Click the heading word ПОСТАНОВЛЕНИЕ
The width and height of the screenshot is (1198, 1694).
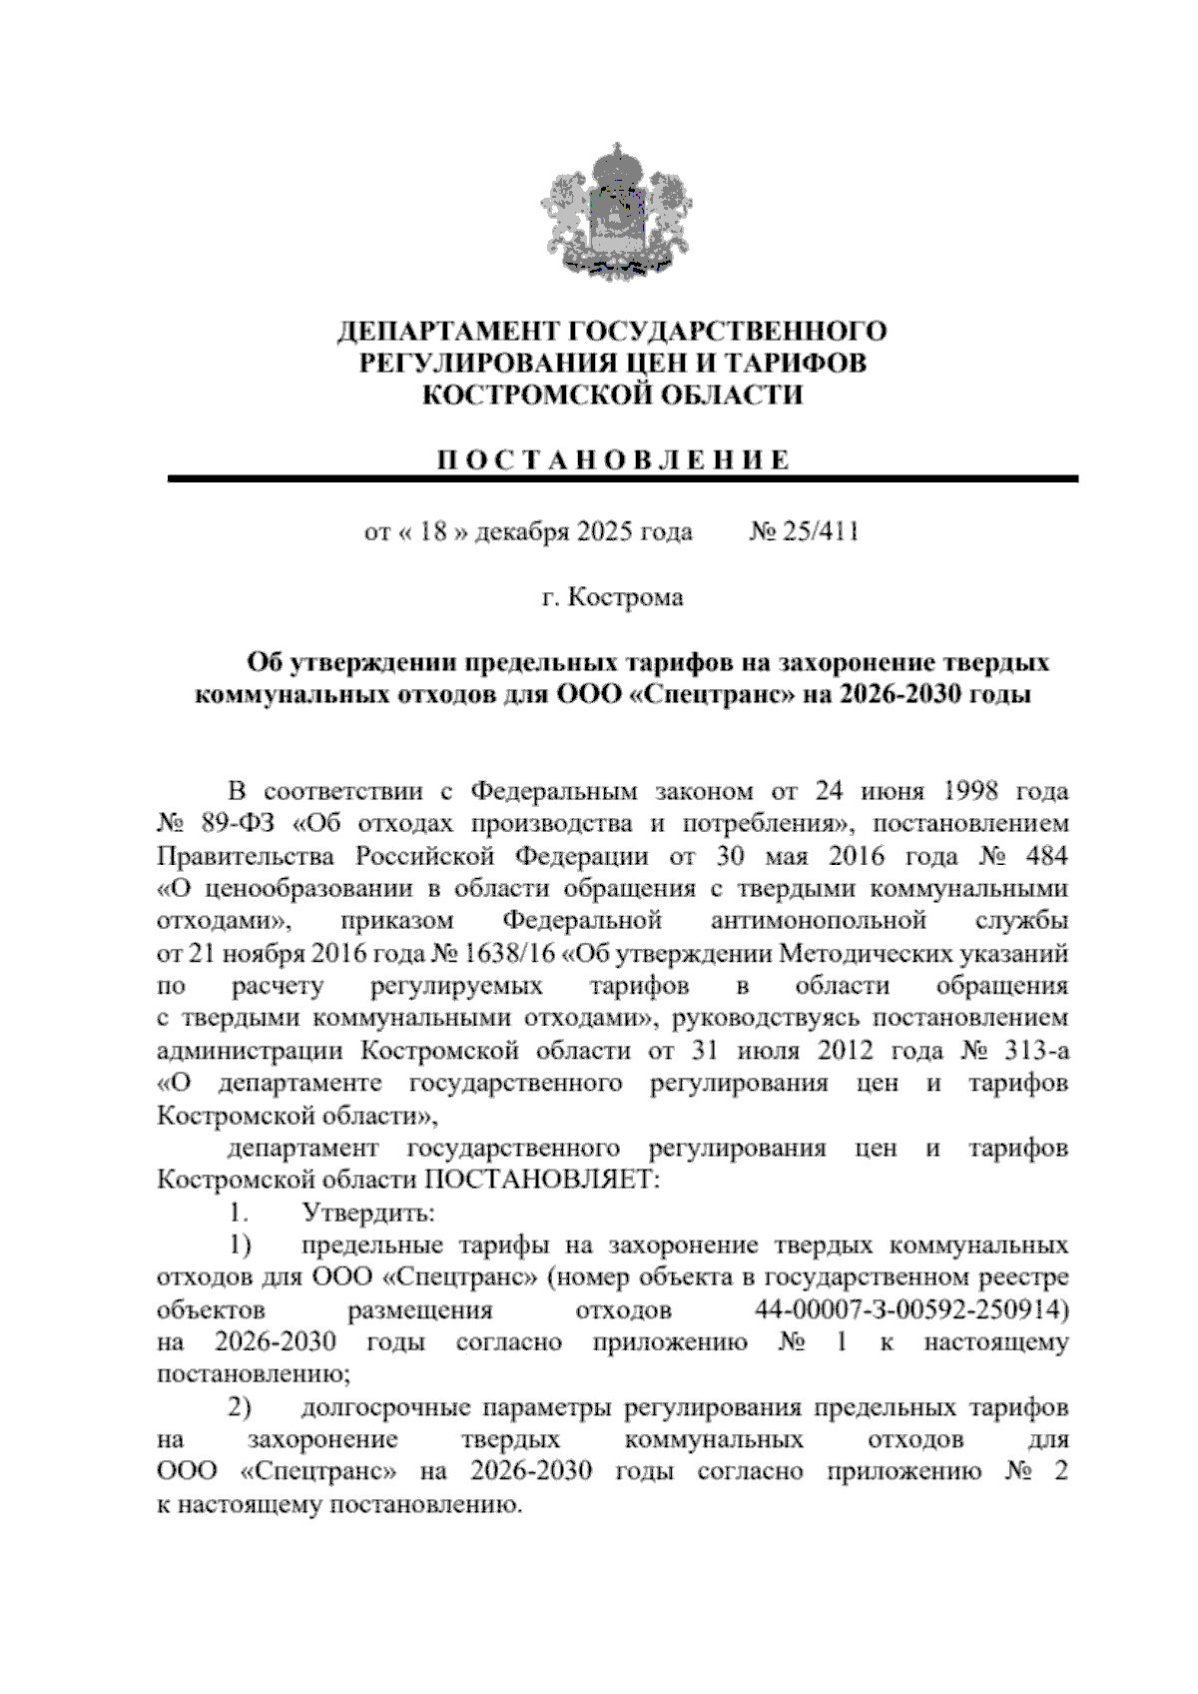pyautogui.click(x=615, y=459)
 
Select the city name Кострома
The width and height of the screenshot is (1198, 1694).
pyautogui.click(x=626, y=598)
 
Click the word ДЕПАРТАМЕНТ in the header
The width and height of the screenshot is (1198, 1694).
pyautogui.click(x=447, y=331)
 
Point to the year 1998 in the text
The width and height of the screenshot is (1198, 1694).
pyautogui.click(x=957, y=792)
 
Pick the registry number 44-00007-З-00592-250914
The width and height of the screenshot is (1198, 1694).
pyautogui.click(x=906, y=1309)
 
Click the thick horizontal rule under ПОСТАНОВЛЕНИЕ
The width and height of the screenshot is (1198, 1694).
pyautogui.click(x=624, y=479)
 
